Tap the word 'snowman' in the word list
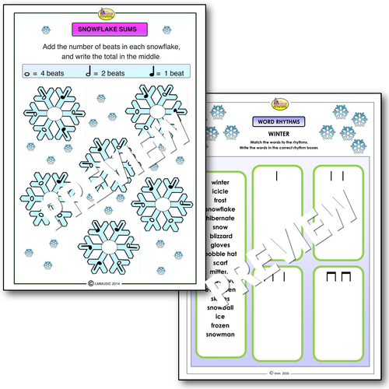pyautogui.click(x=220, y=335)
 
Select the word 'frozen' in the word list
pyautogui.click(x=220, y=324)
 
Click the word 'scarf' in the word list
pyautogui.click(x=220, y=264)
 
